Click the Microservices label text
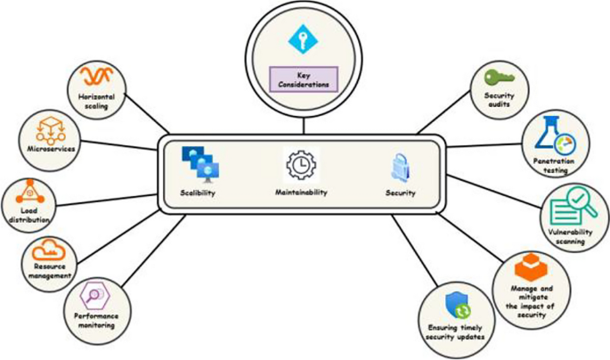(x=49, y=149)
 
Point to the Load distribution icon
(x=28, y=192)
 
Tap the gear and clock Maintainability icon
(x=301, y=165)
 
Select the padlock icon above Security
(x=400, y=167)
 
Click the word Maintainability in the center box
(x=302, y=192)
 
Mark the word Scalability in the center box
(x=198, y=192)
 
